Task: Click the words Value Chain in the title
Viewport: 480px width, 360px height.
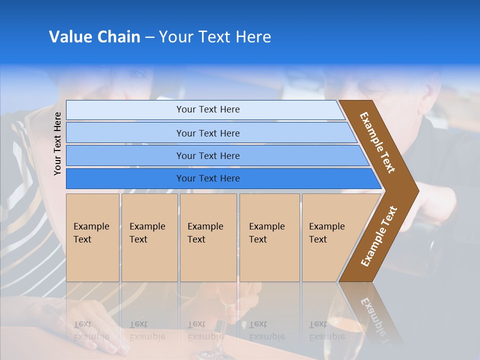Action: click(x=94, y=37)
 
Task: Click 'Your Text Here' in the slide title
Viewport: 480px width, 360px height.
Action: click(x=215, y=37)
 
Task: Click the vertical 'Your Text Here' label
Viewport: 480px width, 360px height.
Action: click(x=57, y=143)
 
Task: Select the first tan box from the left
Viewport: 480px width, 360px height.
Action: click(x=92, y=237)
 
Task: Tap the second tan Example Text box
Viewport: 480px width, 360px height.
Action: click(x=149, y=237)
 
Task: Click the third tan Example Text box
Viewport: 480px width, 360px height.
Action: click(x=208, y=237)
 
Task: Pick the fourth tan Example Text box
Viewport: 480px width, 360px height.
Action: click(x=269, y=237)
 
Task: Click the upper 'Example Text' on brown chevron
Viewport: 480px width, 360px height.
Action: click(x=377, y=142)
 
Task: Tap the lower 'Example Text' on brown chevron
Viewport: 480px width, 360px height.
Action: click(x=379, y=236)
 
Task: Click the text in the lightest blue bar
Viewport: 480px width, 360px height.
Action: click(x=208, y=109)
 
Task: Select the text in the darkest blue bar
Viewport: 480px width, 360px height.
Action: click(x=208, y=178)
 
